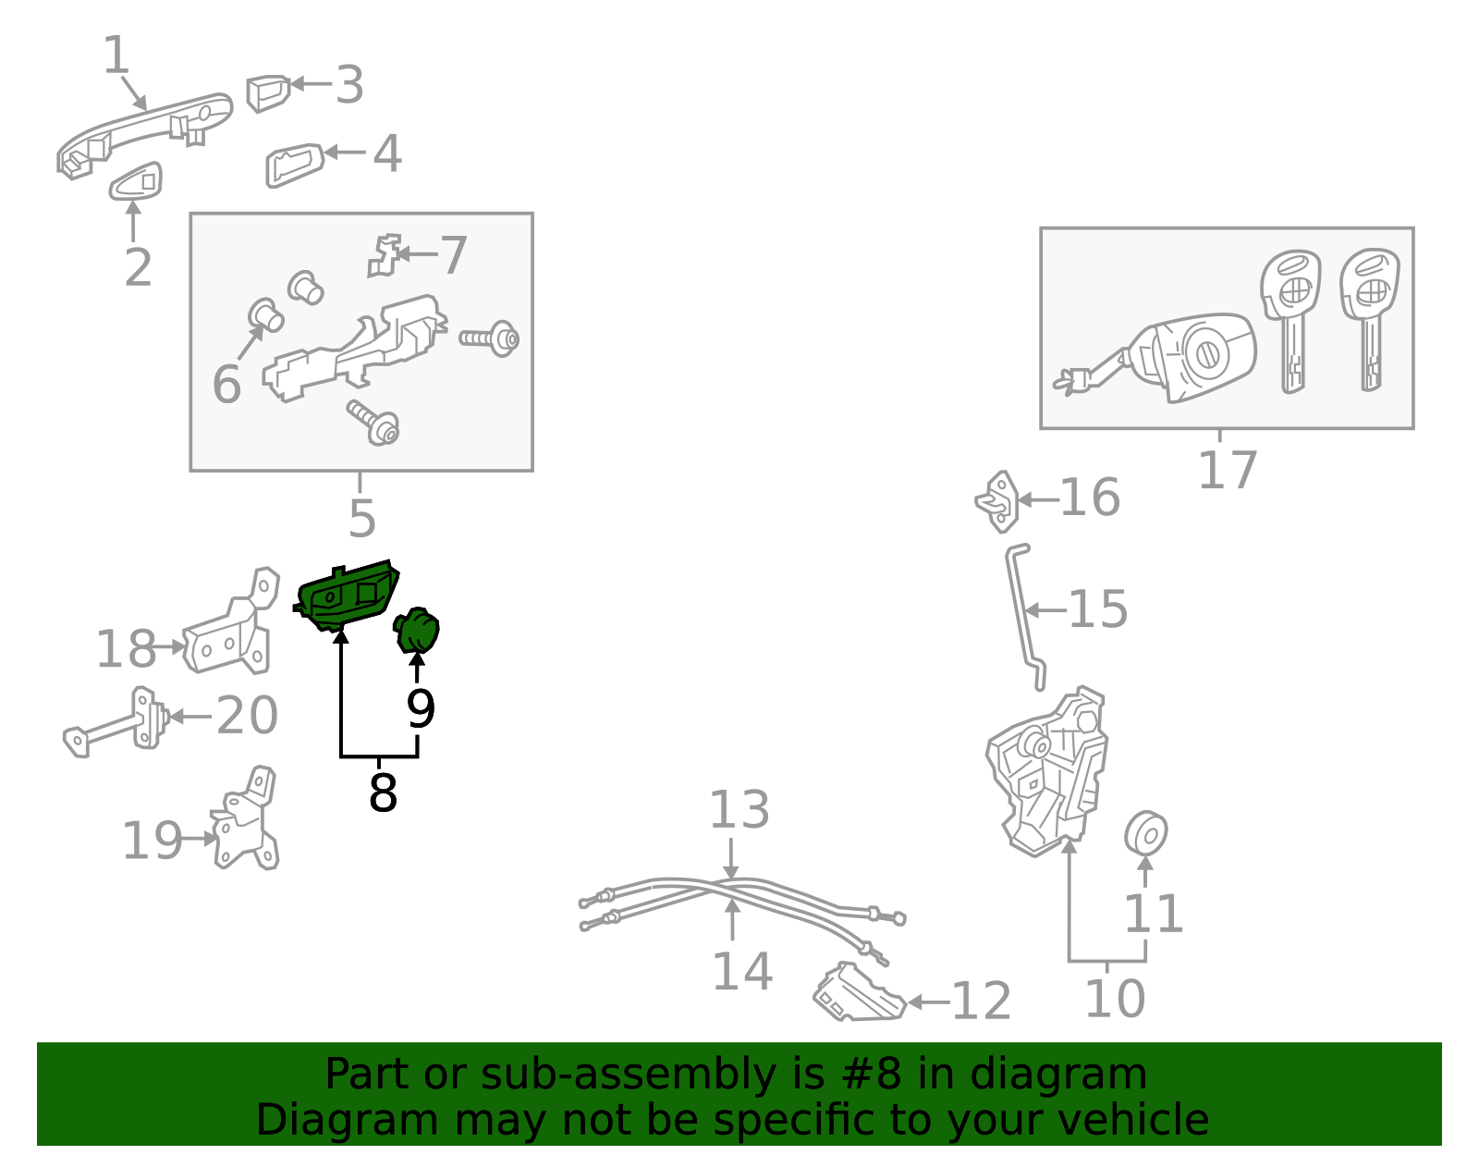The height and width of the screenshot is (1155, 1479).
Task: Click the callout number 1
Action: [116, 55]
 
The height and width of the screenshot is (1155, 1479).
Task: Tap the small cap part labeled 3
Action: [268, 93]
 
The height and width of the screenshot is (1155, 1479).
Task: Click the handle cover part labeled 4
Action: [294, 165]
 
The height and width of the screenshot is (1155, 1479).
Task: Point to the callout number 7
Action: [454, 255]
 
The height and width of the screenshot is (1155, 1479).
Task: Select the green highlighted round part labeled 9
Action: [417, 631]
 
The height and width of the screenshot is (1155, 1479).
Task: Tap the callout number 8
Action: [383, 793]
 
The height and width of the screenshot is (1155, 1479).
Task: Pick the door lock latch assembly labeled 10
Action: [1046, 772]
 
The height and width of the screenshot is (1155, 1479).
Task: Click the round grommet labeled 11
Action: [1145, 832]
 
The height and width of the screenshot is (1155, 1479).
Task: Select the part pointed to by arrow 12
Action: [859, 993]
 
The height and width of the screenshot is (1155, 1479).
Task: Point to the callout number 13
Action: [739, 810]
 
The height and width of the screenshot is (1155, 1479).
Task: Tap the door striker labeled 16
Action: [997, 501]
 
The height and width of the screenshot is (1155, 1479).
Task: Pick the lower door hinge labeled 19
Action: [244, 820]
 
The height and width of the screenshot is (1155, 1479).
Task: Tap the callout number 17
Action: [1227, 470]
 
